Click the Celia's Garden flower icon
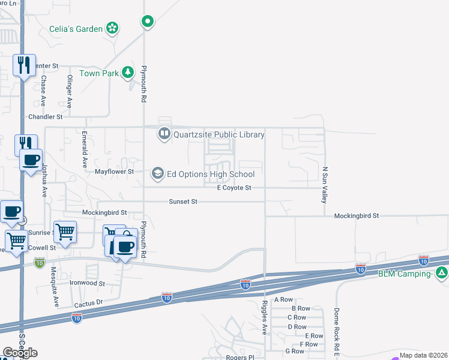(x=112, y=27)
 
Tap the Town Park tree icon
(x=127, y=73)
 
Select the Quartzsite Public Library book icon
(x=164, y=134)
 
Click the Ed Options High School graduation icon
(x=157, y=174)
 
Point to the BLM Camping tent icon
(x=442, y=274)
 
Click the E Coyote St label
(x=234, y=188)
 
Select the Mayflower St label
(x=113, y=172)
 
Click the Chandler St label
(x=46, y=116)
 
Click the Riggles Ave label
(x=264, y=319)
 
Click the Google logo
(x=20, y=353)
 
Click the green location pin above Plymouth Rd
(x=148, y=22)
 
